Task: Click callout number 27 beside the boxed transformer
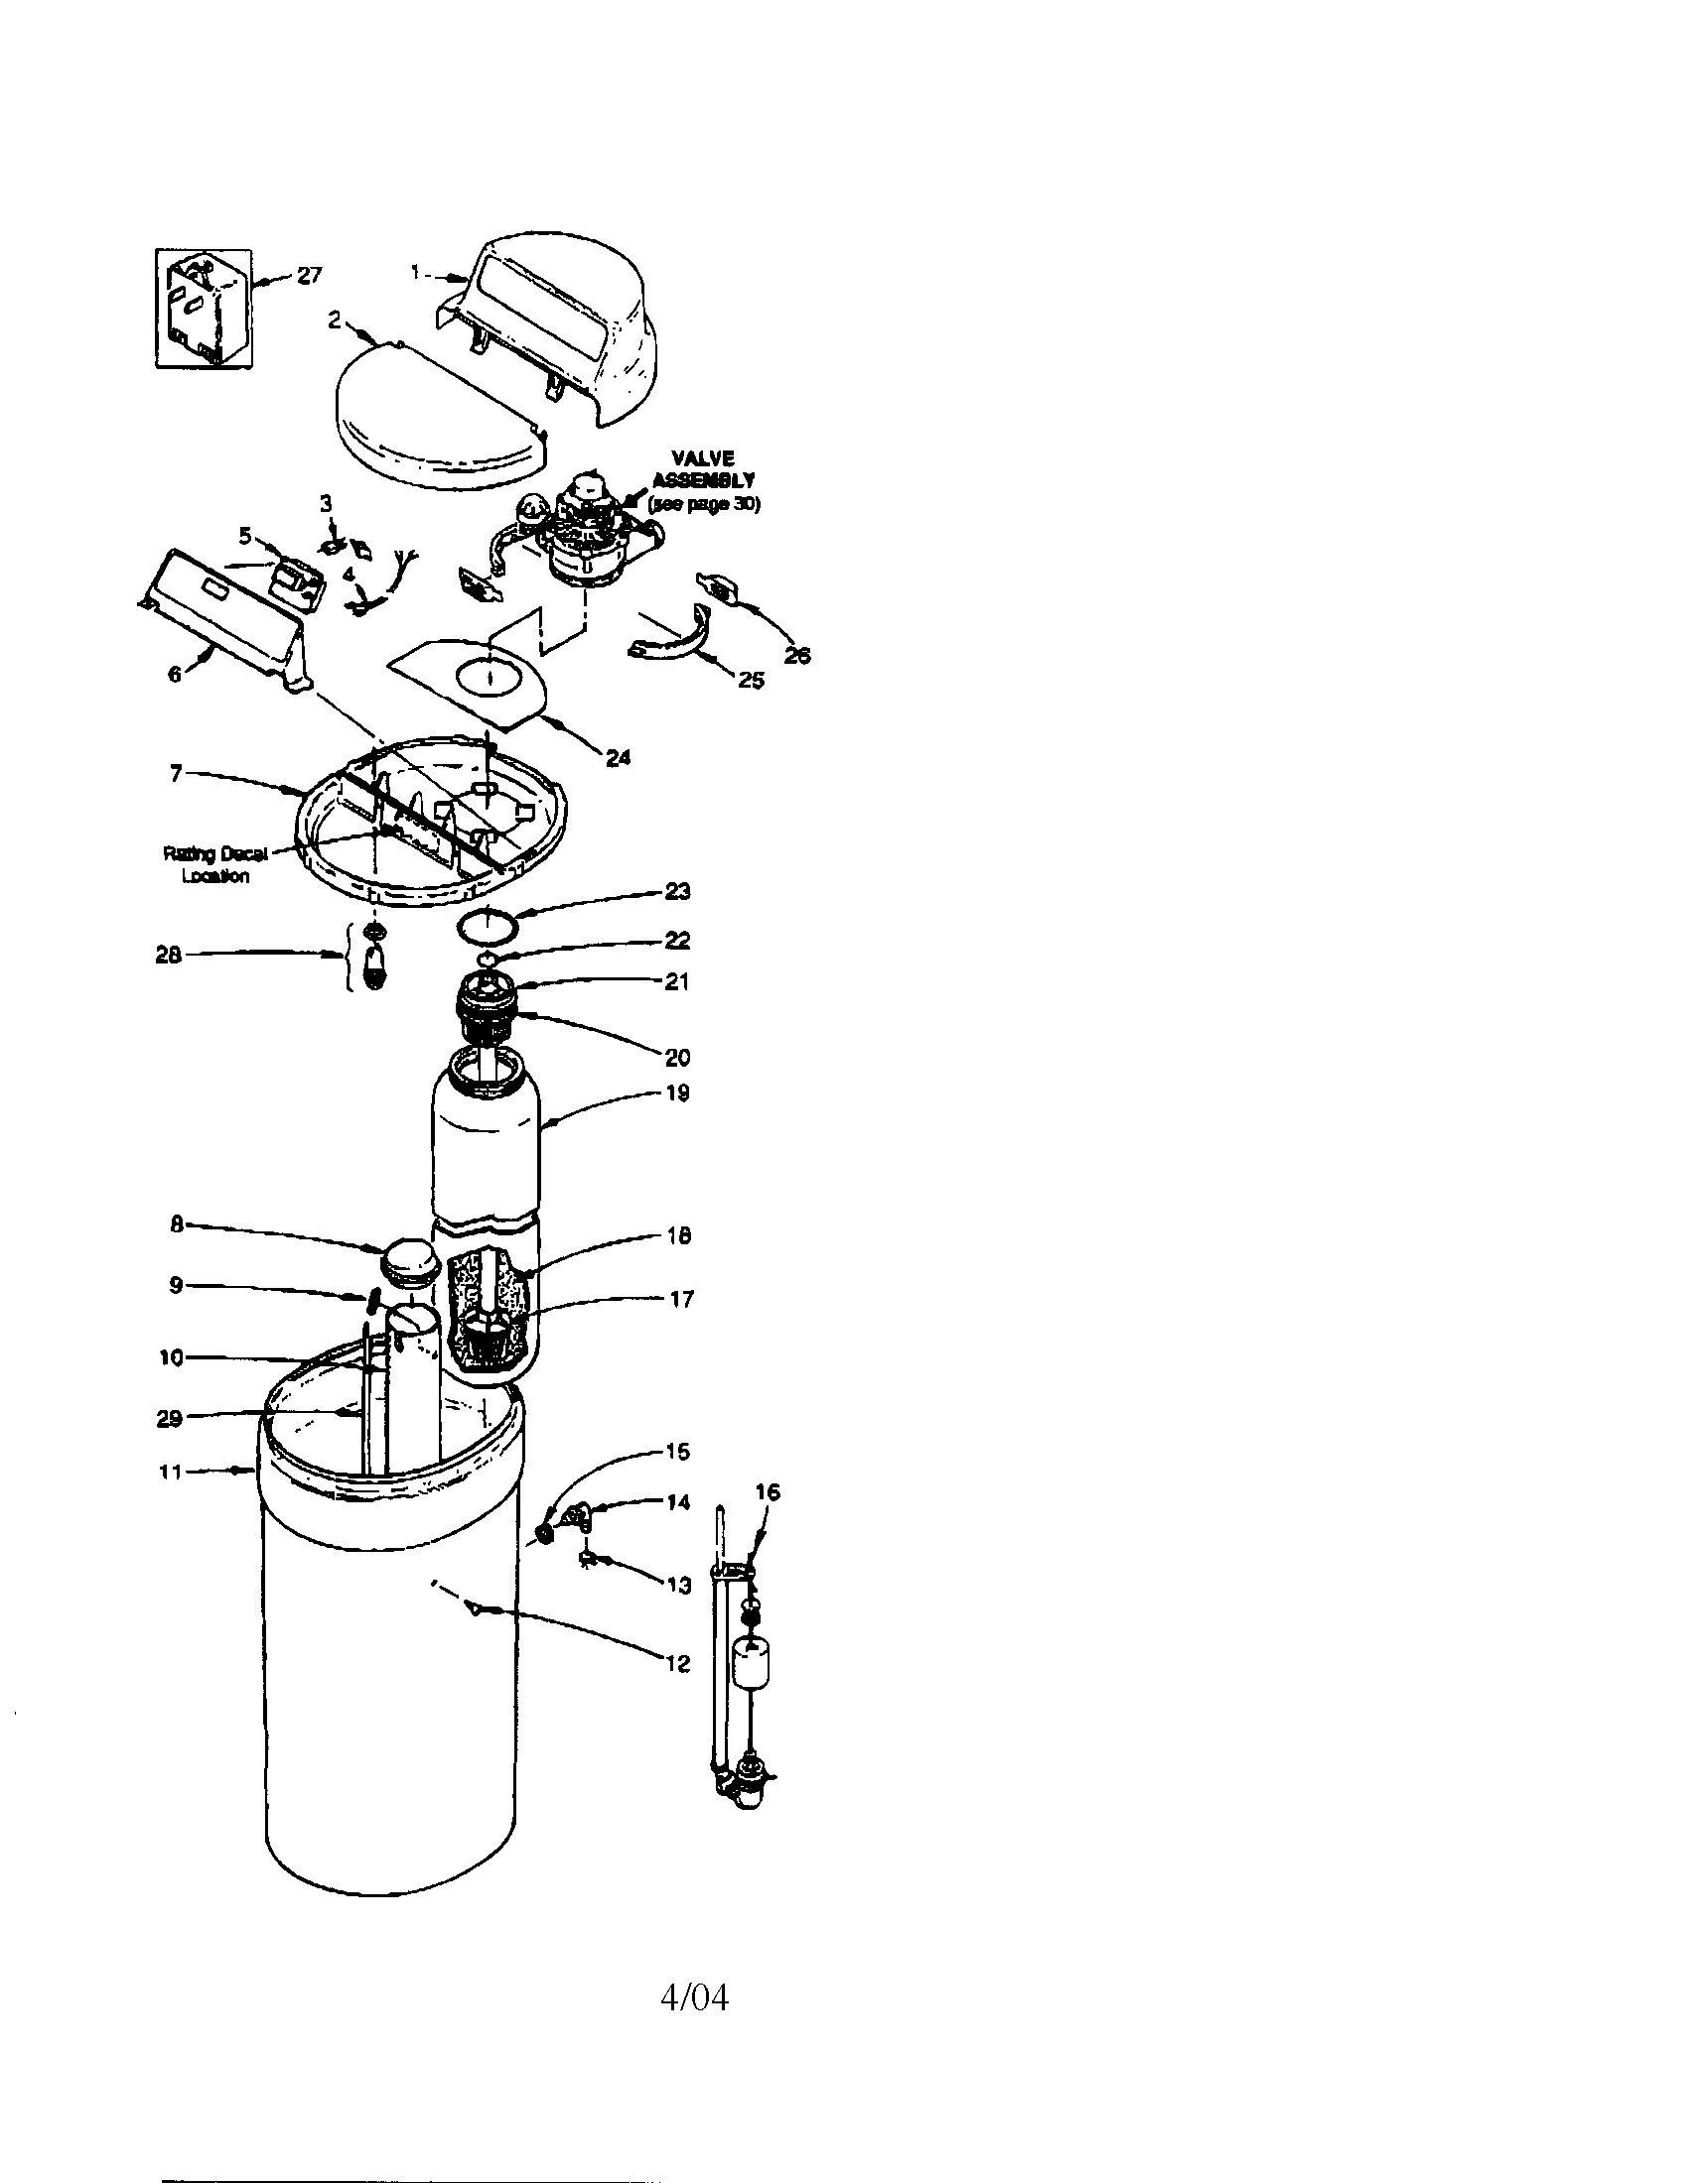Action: click(x=310, y=275)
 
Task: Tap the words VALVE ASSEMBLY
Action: click(x=703, y=468)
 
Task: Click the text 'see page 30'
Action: click(x=704, y=504)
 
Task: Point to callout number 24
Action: click(x=618, y=758)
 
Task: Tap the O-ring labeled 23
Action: click(x=489, y=926)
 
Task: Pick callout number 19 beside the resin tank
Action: click(x=678, y=1092)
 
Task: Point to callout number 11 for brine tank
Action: click(x=171, y=1472)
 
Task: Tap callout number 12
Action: click(x=678, y=1663)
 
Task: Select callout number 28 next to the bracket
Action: click(x=168, y=955)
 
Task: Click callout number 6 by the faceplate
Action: click(x=175, y=674)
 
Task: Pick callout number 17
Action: click(x=680, y=1300)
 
